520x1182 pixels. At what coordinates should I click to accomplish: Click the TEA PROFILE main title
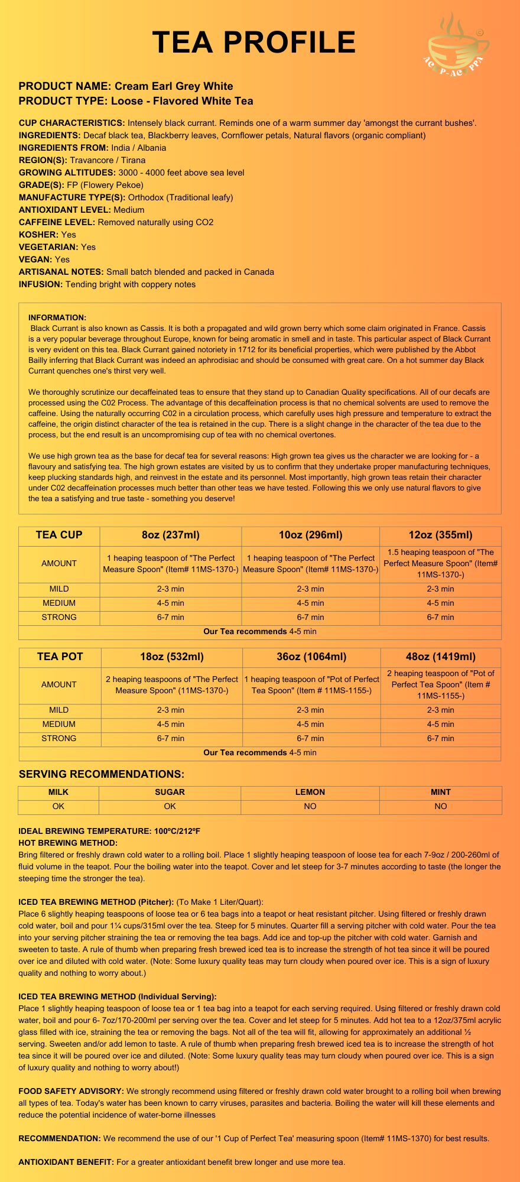tap(254, 43)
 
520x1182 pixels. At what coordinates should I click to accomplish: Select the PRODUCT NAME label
tap(65, 86)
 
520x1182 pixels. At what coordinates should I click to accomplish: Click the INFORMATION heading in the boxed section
tap(57, 317)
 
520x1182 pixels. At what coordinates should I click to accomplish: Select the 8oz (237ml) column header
tap(171, 535)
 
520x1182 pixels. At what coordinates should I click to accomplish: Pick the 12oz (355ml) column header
tap(440, 535)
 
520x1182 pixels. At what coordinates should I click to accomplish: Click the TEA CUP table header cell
tap(59, 535)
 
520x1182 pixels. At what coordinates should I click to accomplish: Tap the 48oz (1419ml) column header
tap(440, 657)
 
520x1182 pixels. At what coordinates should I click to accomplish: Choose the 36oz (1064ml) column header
tap(311, 657)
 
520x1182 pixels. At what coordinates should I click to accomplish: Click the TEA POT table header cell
tap(60, 657)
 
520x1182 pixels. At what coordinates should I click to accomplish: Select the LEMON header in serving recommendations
tap(310, 792)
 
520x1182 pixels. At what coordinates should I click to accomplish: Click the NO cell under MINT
tap(440, 806)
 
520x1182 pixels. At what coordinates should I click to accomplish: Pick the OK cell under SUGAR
tap(170, 806)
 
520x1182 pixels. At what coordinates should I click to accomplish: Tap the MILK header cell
tap(58, 792)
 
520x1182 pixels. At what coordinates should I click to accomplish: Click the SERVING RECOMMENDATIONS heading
tap(102, 774)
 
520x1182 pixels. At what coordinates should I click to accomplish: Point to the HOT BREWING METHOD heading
tap(68, 843)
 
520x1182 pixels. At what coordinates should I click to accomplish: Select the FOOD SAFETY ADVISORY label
tap(71, 1091)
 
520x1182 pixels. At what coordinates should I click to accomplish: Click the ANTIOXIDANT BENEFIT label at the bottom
tap(66, 1162)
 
